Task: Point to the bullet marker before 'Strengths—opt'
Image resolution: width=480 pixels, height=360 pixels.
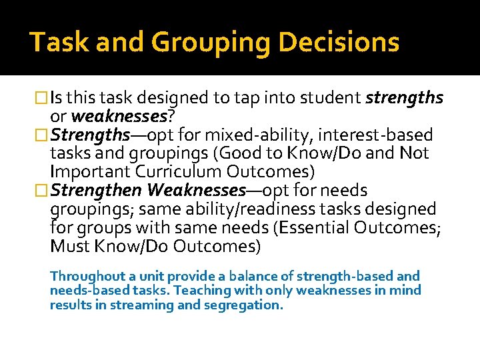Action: (x=44, y=135)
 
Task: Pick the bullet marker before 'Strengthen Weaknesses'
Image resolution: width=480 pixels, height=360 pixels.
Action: (x=44, y=191)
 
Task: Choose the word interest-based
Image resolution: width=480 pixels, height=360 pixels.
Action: (x=377, y=135)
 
